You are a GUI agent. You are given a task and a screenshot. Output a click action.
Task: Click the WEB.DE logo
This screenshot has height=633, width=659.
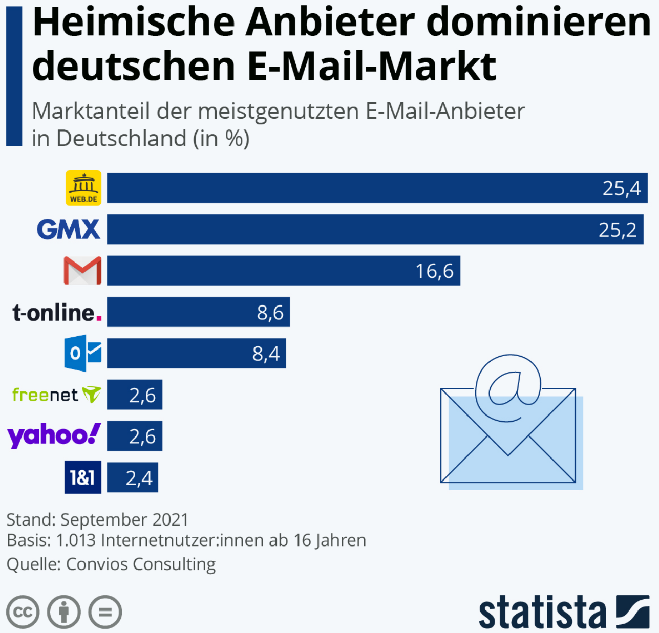point(83,188)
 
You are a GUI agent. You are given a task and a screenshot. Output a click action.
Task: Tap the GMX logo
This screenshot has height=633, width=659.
point(69,229)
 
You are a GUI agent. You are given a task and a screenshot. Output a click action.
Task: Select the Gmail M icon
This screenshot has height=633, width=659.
point(82,271)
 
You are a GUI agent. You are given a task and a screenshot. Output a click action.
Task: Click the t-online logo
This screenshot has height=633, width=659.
point(57,312)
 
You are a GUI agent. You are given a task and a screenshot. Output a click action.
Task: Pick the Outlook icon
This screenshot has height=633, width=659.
point(82,353)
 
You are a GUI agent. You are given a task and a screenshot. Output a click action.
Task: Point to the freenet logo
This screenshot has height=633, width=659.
point(56,395)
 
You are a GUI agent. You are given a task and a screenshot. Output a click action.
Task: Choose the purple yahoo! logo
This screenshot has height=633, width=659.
point(54,436)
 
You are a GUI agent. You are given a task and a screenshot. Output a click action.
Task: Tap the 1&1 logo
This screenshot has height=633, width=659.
point(82,477)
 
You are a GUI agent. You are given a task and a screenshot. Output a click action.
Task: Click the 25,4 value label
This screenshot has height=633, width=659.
point(621,189)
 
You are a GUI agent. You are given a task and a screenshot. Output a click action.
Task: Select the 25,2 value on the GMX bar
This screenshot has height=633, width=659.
point(617,230)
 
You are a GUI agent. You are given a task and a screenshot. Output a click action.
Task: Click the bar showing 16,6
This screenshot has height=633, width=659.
point(283,271)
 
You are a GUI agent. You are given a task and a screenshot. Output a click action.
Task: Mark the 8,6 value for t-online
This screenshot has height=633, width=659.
point(270,313)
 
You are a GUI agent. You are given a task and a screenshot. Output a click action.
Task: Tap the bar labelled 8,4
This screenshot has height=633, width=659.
point(196,353)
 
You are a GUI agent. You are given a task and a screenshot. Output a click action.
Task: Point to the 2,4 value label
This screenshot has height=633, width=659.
point(139,478)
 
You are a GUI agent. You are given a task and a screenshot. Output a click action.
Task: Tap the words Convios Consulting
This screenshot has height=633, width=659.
point(141,564)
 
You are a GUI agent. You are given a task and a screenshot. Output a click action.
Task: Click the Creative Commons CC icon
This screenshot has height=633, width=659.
point(23,612)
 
